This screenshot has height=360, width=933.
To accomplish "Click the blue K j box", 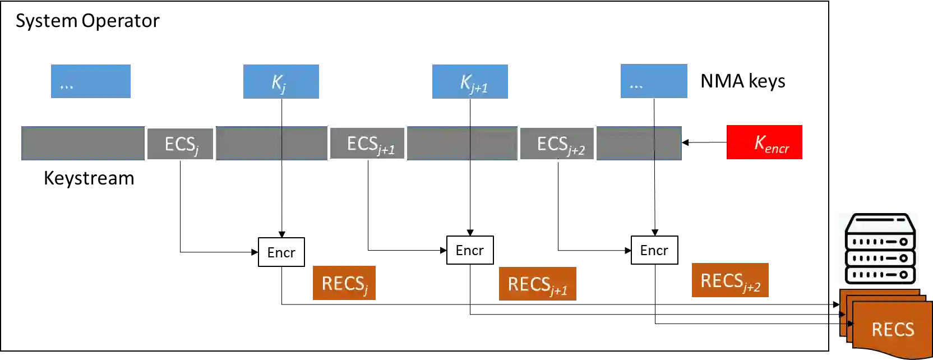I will coord(282,81).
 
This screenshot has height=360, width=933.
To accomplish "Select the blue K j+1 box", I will coord(470,81).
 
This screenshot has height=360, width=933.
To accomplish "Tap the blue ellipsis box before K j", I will coord(91,81).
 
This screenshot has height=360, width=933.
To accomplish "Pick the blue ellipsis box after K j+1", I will coord(654,81).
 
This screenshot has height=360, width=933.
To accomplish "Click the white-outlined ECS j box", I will coord(180,145).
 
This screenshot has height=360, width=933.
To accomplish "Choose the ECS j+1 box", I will coord(368,144).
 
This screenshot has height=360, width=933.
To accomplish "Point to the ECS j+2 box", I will coord(556,144).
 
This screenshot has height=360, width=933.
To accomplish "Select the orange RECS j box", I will coord(343,283).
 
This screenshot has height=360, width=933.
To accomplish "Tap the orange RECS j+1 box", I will coord(538,283).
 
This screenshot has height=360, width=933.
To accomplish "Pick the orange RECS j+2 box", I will coord(731,280).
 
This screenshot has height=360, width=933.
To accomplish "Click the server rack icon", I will coord(877,250).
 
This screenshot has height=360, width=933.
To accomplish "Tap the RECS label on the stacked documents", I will coord(893,329).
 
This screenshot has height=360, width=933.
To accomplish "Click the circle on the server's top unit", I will coord(903,242).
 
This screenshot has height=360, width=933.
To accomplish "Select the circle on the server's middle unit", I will coord(903,259).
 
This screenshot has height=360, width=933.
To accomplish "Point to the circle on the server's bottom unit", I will coord(903,275).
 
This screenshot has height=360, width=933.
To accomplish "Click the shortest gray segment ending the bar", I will coord(668,144).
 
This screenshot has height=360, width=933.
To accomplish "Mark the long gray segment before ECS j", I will coord(82,144).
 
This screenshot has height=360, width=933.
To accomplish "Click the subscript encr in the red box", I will coord(777,149).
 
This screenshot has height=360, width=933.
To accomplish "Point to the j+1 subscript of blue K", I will coord(479,88).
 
